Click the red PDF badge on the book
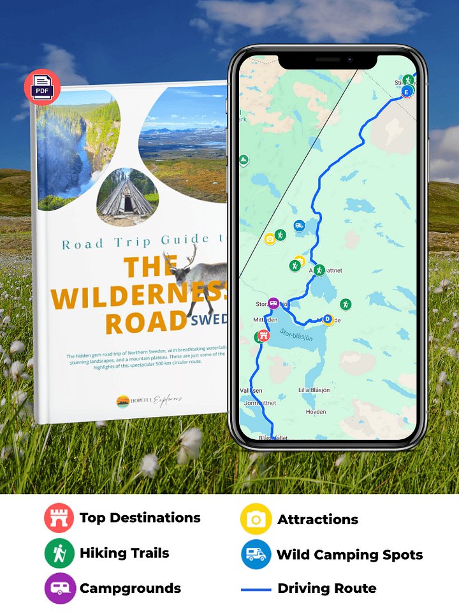pyautogui.click(x=42, y=87)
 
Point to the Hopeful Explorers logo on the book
pyautogui.click(x=150, y=400)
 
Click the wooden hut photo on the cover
pyautogui.click(x=127, y=195)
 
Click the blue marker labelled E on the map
pyautogui.click(x=407, y=92)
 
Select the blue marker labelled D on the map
pyautogui.click(x=328, y=319)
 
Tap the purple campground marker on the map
pyautogui.click(x=273, y=303)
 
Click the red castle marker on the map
pyautogui.click(x=260, y=336)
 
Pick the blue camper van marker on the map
pyautogui.click(x=299, y=225)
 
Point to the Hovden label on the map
pyautogui.click(x=316, y=412)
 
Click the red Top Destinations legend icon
pyautogui.click(x=59, y=518)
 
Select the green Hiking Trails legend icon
pyautogui.click(x=59, y=553)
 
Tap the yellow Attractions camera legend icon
pyautogui.click(x=256, y=520)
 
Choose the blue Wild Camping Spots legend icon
pyautogui.click(x=256, y=554)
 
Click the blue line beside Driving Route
pyautogui.click(x=256, y=589)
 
